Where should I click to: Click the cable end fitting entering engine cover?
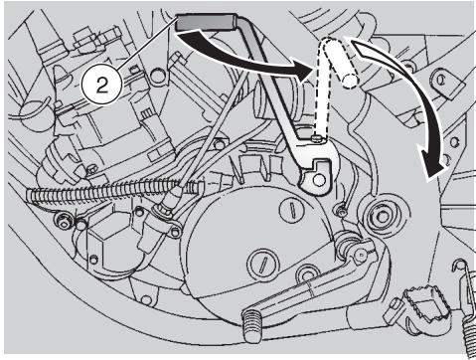[165, 210]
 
